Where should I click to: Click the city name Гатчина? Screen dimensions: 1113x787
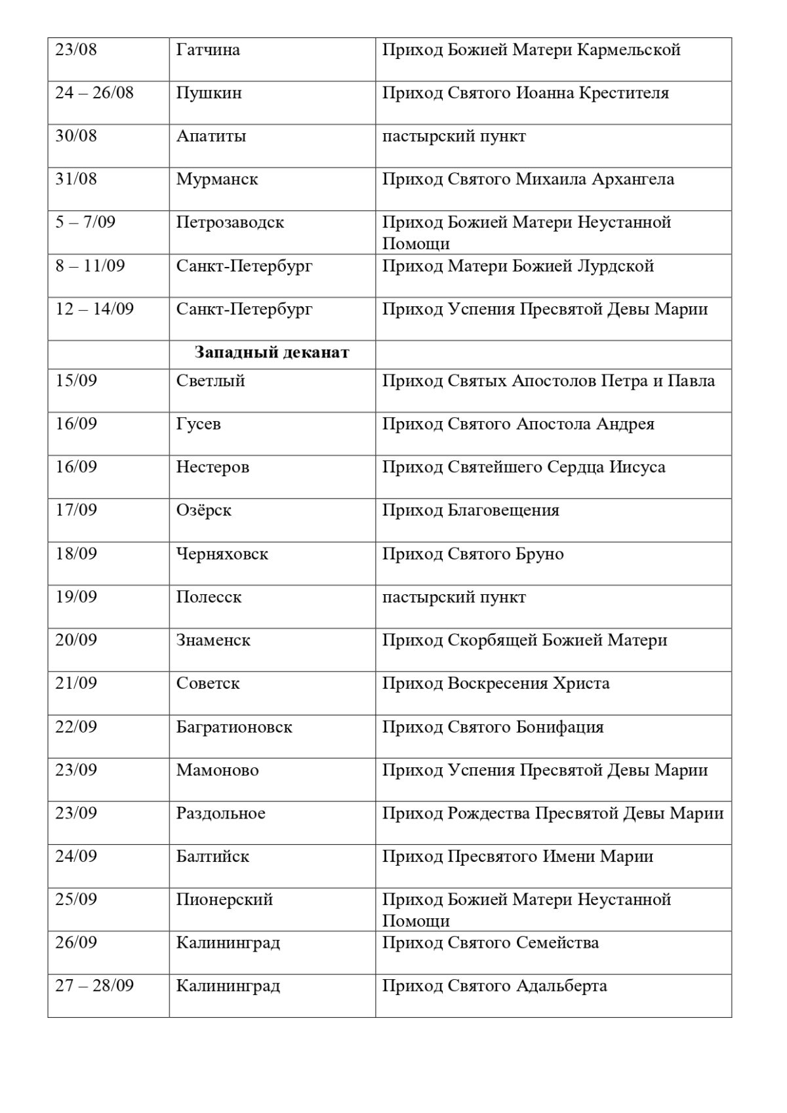pos(208,50)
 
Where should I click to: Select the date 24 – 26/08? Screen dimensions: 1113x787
pos(94,93)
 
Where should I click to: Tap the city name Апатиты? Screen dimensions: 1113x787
pos(211,136)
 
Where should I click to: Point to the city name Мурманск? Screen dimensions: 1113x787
pos(217,180)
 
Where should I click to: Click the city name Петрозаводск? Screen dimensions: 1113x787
pos(230,223)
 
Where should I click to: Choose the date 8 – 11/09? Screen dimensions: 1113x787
pos(90,266)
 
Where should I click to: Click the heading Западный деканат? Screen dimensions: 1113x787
pos(272,353)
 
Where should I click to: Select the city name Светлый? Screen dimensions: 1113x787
pos(211,381)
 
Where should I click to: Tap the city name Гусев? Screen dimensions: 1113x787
pos(199,424)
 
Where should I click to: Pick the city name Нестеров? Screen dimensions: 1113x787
pos(212,468)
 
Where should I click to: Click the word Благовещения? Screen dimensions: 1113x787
pos(503,511)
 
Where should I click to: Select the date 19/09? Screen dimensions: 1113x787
pos(76,597)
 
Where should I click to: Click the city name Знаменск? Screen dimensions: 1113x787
pos(213,641)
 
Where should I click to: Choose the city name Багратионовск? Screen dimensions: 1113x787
pos(234,727)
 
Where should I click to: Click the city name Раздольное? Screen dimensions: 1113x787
pos(221,814)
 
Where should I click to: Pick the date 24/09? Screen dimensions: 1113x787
pos(76,857)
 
